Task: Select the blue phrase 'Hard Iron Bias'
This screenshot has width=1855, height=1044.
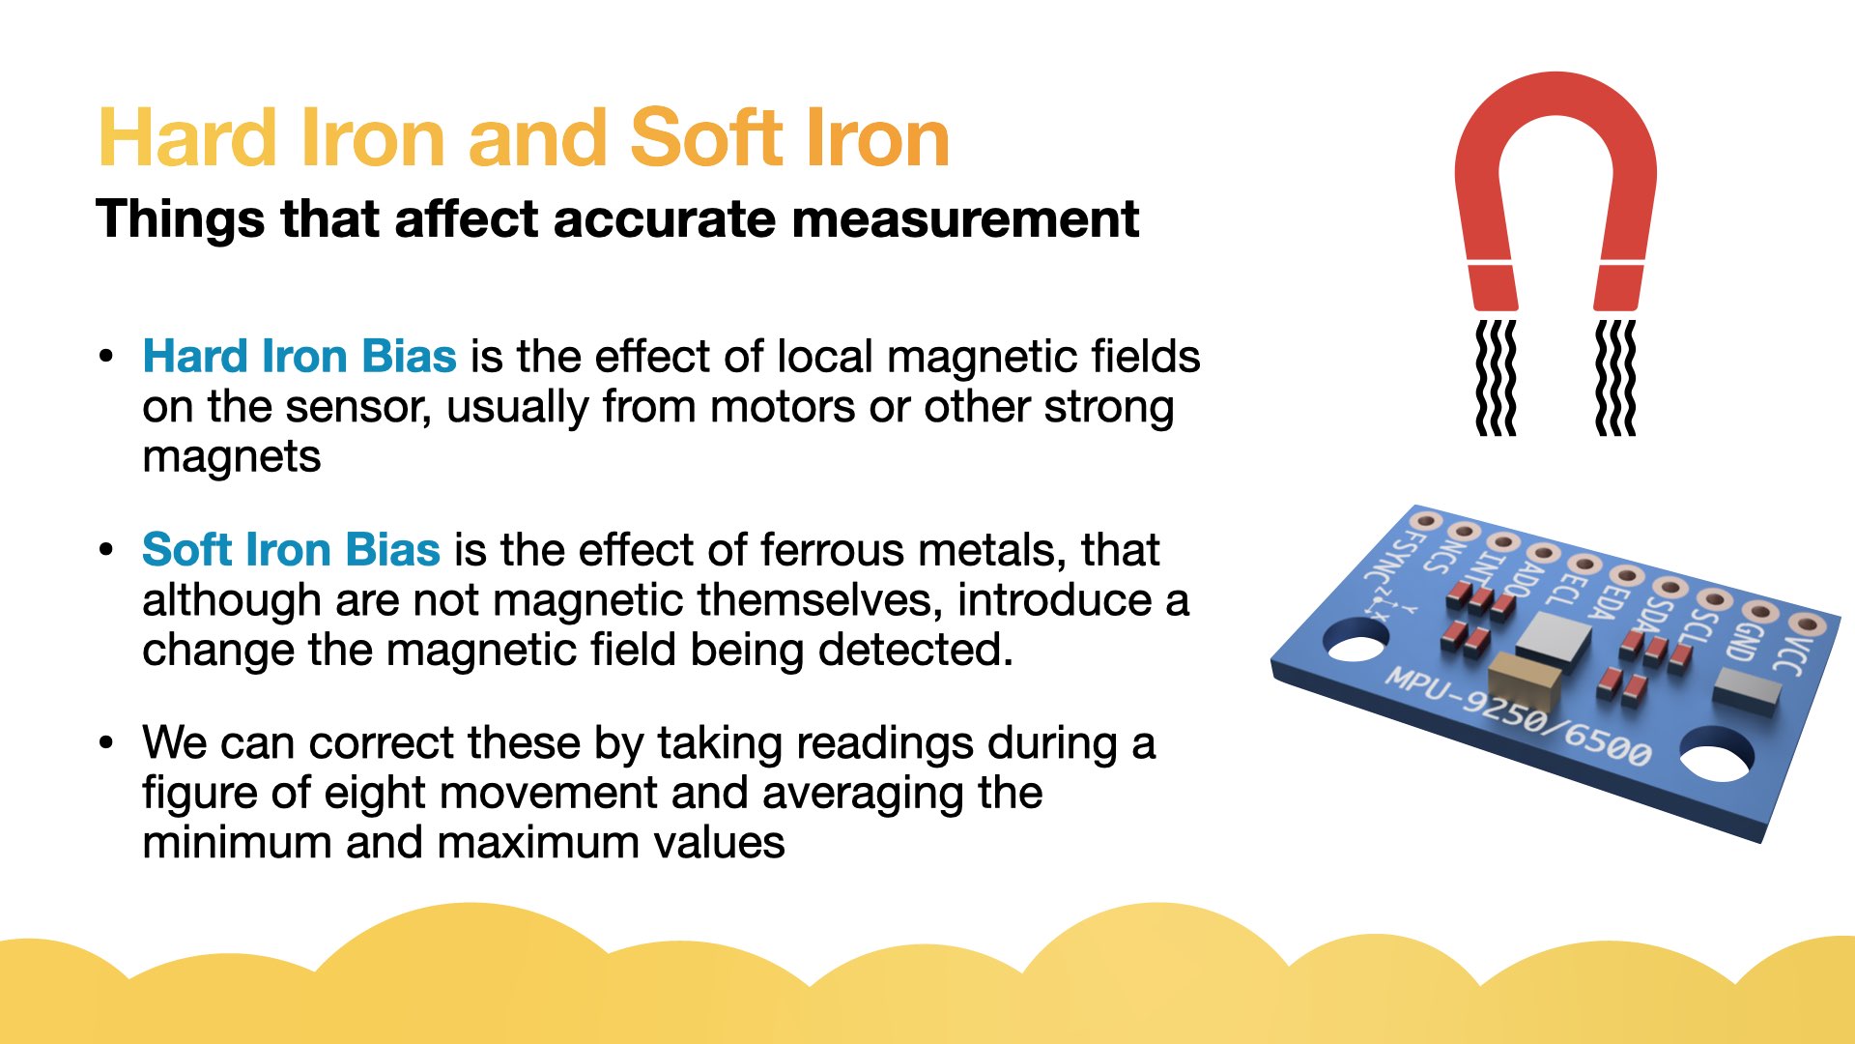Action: [x=300, y=356]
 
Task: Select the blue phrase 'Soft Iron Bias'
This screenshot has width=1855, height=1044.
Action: [x=292, y=549]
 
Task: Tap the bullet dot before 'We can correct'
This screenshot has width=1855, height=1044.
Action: [x=106, y=742]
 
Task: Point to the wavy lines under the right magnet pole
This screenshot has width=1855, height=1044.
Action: [x=1615, y=378]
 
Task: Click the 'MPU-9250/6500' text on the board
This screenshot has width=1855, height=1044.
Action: [x=1518, y=716]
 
